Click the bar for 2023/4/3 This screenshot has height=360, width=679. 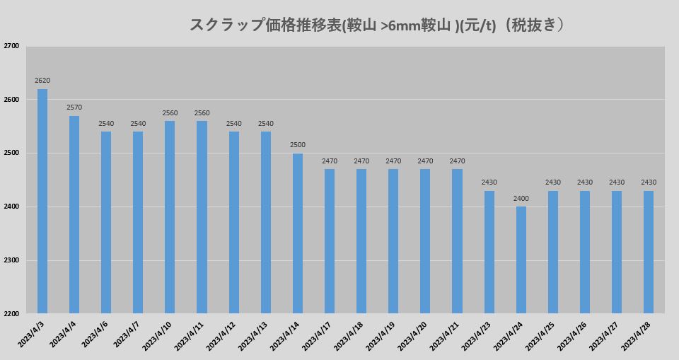(x=42, y=201)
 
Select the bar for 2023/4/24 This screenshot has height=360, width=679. (x=521, y=260)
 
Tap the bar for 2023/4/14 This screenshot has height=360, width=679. (x=298, y=233)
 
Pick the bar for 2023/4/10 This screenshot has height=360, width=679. (x=170, y=217)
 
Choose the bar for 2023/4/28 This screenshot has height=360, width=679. (x=649, y=252)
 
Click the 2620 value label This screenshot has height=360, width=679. (x=42, y=81)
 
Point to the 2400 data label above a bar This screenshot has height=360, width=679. (x=521, y=198)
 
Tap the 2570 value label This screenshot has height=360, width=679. (x=74, y=108)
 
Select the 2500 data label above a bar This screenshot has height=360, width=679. (x=298, y=145)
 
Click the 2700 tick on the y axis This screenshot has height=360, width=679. (x=11, y=46)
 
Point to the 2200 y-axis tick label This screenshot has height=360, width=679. (x=11, y=313)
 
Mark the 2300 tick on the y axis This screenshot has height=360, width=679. (x=11, y=260)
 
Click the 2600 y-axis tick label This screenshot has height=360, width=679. (x=11, y=100)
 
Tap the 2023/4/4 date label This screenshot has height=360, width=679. (x=65, y=333)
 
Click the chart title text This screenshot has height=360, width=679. (x=378, y=25)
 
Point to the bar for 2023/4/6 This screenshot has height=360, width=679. (x=106, y=222)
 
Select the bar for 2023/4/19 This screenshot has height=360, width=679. (x=393, y=241)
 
